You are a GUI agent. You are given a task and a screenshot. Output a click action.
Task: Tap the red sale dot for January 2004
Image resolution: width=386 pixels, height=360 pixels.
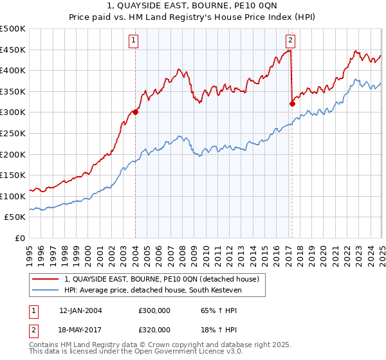(x=136, y=112)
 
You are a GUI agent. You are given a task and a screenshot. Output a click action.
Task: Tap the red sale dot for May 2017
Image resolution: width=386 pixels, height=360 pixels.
(x=293, y=104)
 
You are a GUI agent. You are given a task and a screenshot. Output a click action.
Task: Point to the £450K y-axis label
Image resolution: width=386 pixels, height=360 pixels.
(x=13, y=50)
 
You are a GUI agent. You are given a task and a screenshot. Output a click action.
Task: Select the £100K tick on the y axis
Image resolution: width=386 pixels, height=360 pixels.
(x=13, y=195)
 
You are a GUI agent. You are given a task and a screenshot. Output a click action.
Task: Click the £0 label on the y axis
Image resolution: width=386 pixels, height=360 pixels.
(x=19, y=238)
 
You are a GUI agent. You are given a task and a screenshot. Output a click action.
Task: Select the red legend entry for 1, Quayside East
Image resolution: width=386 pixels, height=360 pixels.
(x=161, y=279)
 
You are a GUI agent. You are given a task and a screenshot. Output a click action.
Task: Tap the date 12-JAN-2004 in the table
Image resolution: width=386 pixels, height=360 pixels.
(x=80, y=310)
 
